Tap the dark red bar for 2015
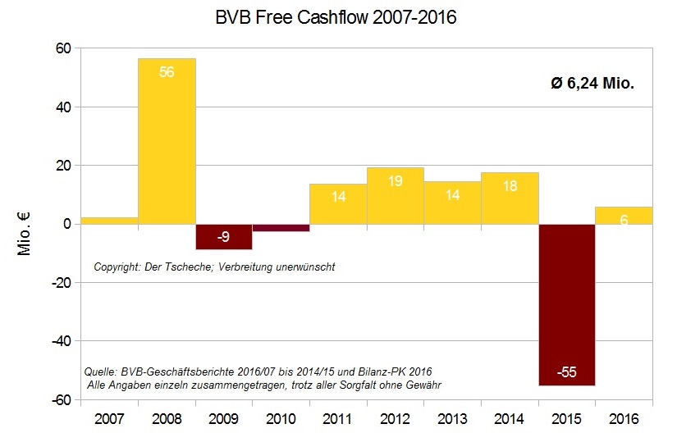coord(566,303)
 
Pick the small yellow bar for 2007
coord(109,221)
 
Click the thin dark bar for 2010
coord(281,227)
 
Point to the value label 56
coord(167,72)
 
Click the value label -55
coord(566,372)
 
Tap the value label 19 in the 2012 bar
coord(395,181)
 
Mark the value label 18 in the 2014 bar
coord(509,186)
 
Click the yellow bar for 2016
coord(624,216)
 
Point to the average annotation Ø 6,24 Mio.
coord(592,83)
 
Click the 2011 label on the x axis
coord(338,419)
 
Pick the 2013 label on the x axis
coord(452,419)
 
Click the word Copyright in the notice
coord(113,267)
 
